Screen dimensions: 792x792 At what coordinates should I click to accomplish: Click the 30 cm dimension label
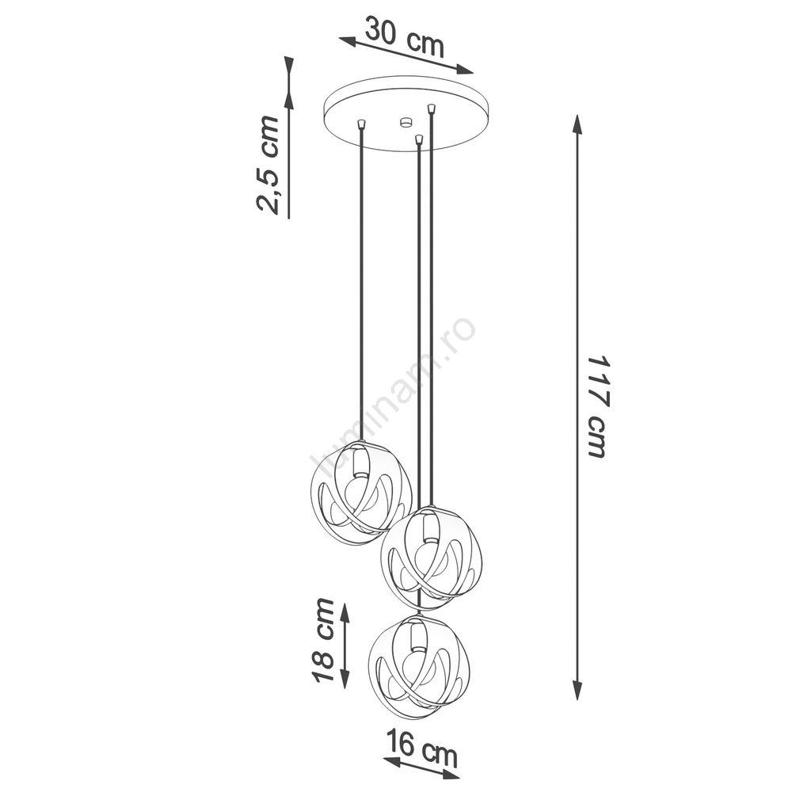tap(405, 37)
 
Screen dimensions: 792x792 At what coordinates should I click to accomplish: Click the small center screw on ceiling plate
tap(405, 121)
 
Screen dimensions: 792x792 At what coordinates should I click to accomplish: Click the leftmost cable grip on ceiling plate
tap(360, 124)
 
